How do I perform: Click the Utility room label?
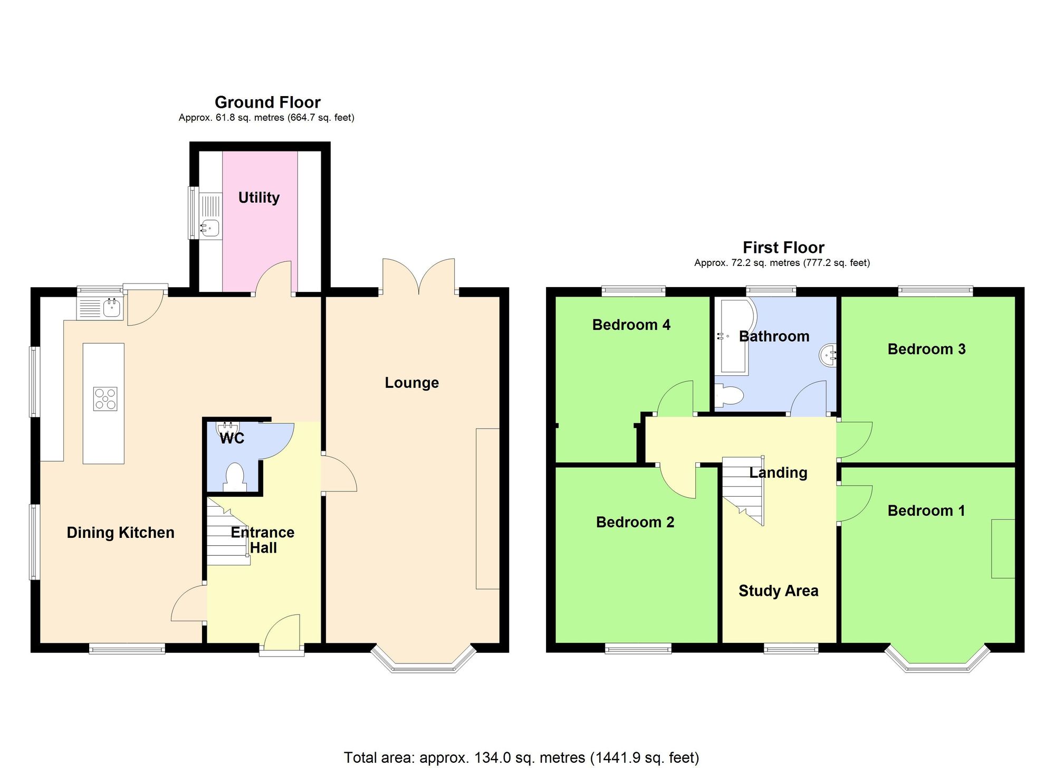[x=258, y=197]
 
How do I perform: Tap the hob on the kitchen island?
[x=105, y=399]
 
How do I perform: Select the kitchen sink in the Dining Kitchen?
[x=111, y=307]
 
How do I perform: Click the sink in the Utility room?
[x=210, y=228]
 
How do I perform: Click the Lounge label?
[x=411, y=383]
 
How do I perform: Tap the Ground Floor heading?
[x=267, y=102]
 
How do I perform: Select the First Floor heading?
[x=783, y=247]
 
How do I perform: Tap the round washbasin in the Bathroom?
[x=828, y=354]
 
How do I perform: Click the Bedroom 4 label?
[x=631, y=325]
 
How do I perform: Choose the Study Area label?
[x=778, y=591]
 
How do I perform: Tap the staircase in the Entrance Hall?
[x=227, y=533]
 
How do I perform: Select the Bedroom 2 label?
[x=635, y=522]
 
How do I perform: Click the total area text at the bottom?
[x=521, y=757]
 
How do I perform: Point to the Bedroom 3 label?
[x=926, y=349]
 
